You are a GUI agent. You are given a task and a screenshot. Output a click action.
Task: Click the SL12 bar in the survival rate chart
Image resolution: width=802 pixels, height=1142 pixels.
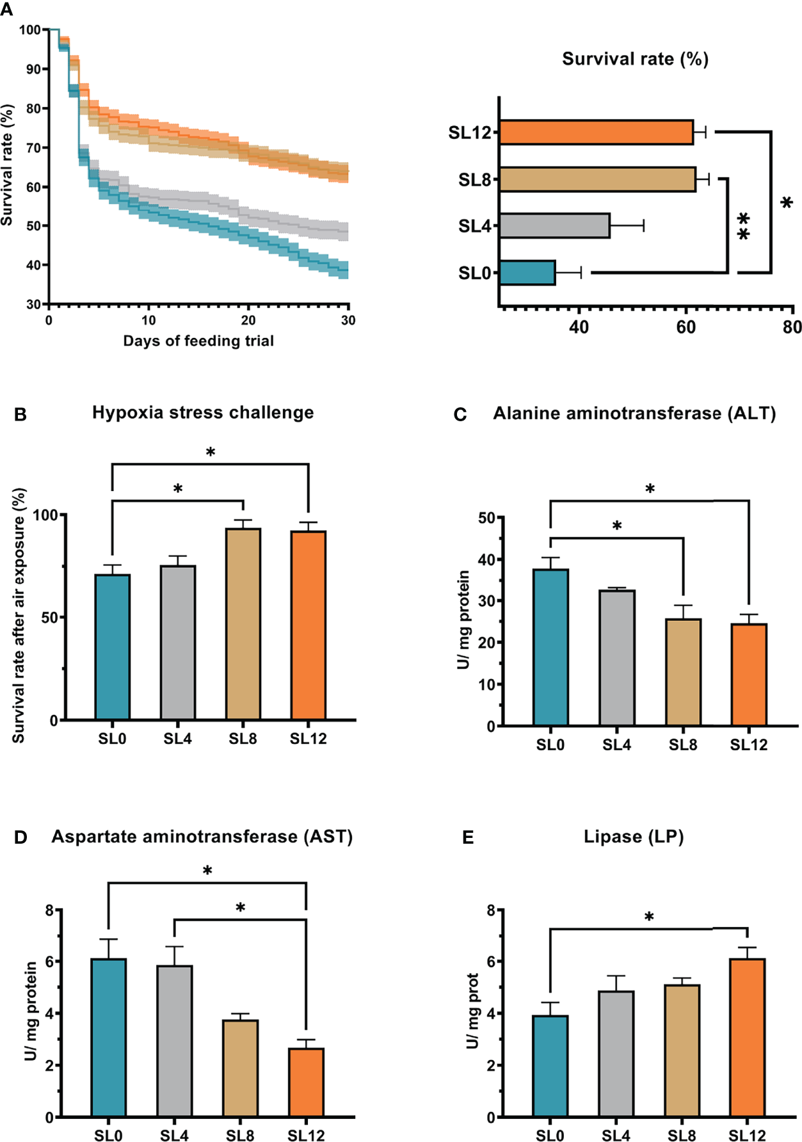(595, 133)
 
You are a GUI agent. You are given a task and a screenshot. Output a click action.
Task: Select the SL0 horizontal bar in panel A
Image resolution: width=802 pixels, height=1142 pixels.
(527, 273)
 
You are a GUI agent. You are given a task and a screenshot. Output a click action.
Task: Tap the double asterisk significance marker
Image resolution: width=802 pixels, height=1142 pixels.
(743, 227)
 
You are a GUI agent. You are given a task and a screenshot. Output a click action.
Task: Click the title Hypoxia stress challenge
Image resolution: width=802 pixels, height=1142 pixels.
(203, 413)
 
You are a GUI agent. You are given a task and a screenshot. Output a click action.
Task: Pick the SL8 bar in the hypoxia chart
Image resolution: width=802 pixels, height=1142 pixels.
(243, 624)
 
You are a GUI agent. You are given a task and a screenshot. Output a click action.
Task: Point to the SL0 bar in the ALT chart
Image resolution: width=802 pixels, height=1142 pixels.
(550, 647)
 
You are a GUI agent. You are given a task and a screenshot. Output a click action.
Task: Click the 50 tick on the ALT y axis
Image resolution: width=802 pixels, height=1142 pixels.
(487, 517)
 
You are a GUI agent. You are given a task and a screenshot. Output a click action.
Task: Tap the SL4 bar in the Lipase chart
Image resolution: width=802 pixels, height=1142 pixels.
(616, 1053)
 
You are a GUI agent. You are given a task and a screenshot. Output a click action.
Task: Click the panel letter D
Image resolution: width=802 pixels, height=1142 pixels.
(20, 837)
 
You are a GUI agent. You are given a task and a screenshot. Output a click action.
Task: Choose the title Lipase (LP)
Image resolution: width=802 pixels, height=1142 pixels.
(634, 837)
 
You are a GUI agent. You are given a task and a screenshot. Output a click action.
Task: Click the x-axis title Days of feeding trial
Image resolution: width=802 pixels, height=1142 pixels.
(198, 341)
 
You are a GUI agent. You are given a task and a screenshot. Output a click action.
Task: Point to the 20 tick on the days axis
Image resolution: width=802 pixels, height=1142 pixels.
(248, 321)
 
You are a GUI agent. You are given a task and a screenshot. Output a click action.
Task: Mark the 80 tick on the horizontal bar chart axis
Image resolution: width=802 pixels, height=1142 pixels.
(792, 327)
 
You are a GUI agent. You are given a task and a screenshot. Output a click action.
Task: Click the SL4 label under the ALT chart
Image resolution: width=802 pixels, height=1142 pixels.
(616, 744)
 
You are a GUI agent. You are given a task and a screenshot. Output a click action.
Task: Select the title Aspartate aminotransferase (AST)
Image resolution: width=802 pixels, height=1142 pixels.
(202, 837)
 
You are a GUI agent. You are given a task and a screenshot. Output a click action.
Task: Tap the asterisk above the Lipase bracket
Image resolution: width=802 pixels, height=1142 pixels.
(649, 917)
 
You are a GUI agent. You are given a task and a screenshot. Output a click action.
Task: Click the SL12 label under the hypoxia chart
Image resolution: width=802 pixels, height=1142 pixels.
(308, 739)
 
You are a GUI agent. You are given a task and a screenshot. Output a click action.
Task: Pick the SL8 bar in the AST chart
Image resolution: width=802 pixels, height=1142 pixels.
(241, 1068)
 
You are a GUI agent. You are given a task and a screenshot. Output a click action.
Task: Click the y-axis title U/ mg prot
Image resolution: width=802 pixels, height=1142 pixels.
(473, 1011)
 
